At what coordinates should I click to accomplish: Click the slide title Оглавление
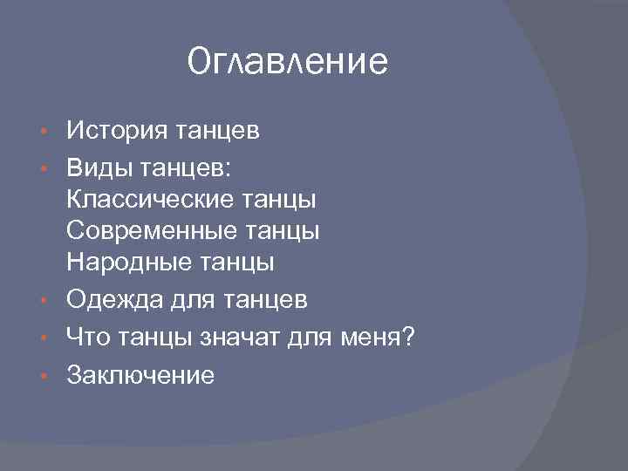point(287,63)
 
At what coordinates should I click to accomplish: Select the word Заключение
point(140,375)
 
